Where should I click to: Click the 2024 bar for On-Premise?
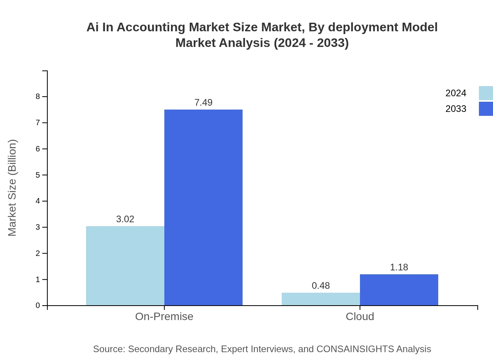125,266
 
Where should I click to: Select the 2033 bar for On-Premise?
203,207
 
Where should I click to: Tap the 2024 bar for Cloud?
321,299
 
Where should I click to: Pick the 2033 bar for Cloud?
399,290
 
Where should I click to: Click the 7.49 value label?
203,103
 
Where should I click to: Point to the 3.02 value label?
125,219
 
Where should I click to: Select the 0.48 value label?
321,286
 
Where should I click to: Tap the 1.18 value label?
399,267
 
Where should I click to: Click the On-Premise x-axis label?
164,317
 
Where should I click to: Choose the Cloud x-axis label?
360,317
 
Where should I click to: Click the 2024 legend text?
456,93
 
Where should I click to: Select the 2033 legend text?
456,109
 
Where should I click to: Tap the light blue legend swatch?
486,93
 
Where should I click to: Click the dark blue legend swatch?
486,109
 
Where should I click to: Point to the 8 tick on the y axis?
38,97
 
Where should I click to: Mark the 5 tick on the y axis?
38,175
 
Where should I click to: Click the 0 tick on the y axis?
38,306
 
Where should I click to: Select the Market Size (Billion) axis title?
13,188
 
